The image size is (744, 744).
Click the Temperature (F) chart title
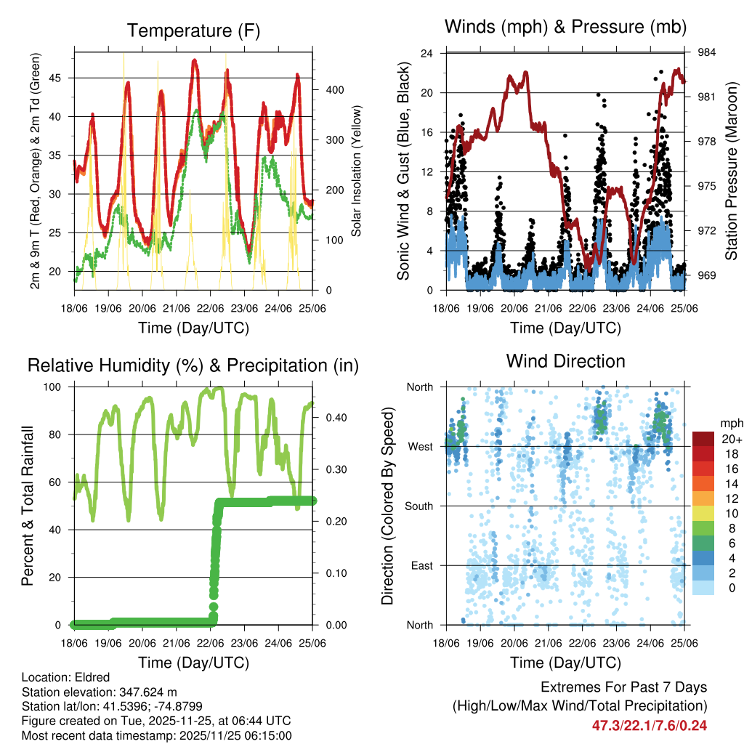(x=193, y=31)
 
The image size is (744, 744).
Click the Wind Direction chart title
(x=565, y=361)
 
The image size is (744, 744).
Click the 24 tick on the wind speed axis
(x=427, y=54)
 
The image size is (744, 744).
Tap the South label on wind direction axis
(x=419, y=506)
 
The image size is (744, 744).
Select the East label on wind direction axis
(x=421, y=565)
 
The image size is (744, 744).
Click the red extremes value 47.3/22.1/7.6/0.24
(x=650, y=725)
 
